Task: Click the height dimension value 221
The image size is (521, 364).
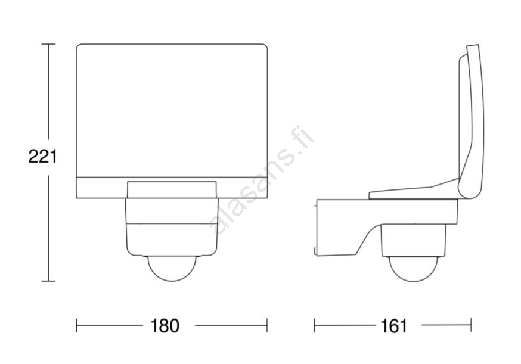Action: pyautogui.click(x=42, y=157)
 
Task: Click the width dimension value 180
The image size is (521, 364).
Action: pyautogui.click(x=165, y=325)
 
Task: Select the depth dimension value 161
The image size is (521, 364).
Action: pyautogui.click(x=393, y=325)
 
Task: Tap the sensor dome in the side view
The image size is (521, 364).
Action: pyautogui.click(x=413, y=269)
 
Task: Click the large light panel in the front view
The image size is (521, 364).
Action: pyautogui.click(x=172, y=111)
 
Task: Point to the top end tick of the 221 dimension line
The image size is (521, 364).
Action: pyautogui.click(x=48, y=44)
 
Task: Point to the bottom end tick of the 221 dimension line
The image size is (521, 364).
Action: pyautogui.click(x=48, y=281)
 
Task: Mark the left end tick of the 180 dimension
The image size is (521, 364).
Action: pyautogui.click(x=77, y=325)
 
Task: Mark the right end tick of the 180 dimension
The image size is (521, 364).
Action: pyautogui.click(x=267, y=325)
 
